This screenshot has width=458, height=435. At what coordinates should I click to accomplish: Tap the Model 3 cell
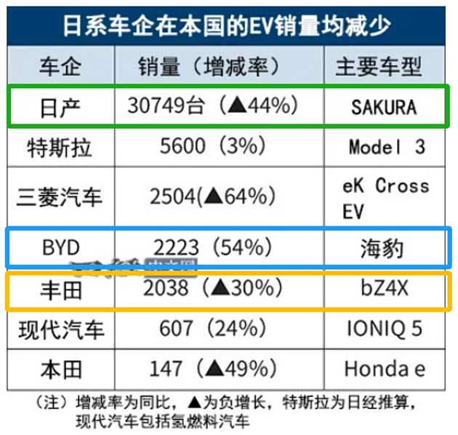coord(387,146)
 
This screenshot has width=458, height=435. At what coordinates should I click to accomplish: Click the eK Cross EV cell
coord(385,197)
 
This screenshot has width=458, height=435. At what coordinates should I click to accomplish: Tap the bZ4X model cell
coord(385,290)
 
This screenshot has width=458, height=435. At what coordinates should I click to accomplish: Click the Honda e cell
coord(385,369)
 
